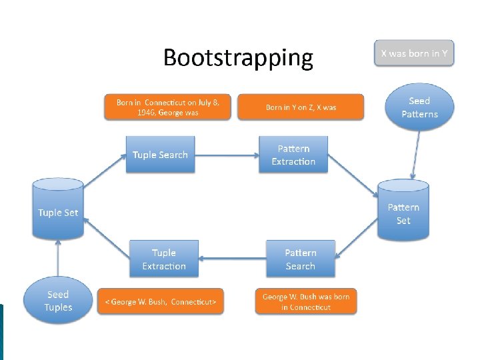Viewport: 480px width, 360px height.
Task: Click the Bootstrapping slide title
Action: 238,58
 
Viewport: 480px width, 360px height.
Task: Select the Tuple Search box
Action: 160,155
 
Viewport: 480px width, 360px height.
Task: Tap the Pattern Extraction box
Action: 293,155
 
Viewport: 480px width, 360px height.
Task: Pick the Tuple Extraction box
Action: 164,259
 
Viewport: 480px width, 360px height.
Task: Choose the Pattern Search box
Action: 300,259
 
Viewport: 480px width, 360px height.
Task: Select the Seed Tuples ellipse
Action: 58,301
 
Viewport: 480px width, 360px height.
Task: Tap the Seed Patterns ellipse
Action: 419,107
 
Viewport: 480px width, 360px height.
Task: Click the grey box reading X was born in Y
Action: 414,53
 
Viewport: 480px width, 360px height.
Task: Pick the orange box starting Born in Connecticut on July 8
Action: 167,107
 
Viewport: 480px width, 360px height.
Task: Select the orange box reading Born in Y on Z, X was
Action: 301,107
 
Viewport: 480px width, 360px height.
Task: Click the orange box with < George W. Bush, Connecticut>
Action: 161,301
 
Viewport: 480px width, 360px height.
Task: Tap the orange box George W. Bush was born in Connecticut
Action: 306,301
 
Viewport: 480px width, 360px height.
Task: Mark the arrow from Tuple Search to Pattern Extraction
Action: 227,155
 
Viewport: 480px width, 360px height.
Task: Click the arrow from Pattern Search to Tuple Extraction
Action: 231,259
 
